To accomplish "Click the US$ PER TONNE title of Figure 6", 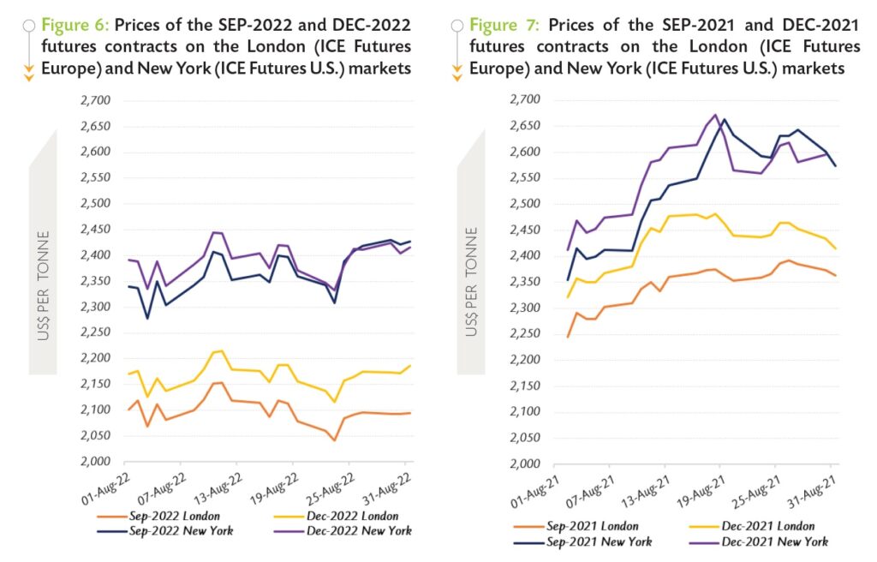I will pyautogui.click(x=43, y=286).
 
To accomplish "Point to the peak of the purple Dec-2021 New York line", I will pyautogui.click(x=715, y=114).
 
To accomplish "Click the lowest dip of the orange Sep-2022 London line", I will pyautogui.click(x=334, y=440).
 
